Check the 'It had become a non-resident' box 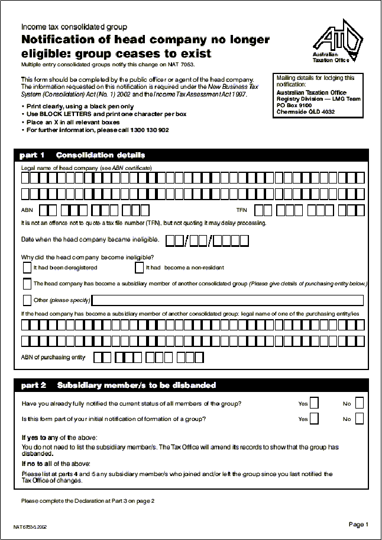[140, 268]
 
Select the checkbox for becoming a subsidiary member [27, 284]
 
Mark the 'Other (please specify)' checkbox [27, 300]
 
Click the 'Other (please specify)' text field [228, 300]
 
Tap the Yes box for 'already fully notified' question [314, 403]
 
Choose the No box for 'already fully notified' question [359, 403]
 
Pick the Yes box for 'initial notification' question [314, 419]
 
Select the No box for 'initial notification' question [359, 419]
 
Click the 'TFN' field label [241, 211]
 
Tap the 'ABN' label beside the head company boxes [27, 211]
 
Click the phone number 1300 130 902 [149, 130]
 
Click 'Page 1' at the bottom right [358, 524]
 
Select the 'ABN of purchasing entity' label [53, 357]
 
